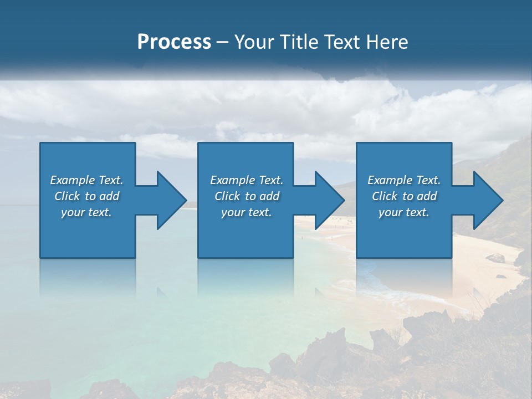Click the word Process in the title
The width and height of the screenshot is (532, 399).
click(x=174, y=42)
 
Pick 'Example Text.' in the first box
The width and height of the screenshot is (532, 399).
click(x=86, y=180)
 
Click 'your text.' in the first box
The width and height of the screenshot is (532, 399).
click(x=86, y=212)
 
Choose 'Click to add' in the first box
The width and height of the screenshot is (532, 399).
click(x=86, y=196)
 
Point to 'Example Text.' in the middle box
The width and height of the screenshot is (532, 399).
click(x=246, y=180)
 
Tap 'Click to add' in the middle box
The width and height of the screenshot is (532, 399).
click(x=246, y=196)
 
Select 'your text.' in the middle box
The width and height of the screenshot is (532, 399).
click(x=246, y=212)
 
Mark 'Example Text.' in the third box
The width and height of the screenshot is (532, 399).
click(x=404, y=180)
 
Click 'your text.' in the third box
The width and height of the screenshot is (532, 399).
click(x=404, y=212)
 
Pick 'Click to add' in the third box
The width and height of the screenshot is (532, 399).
click(x=404, y=196)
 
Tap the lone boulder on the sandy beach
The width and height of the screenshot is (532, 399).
click(x=495, y=258)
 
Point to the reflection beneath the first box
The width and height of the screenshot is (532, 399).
click(x=88, y=277)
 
